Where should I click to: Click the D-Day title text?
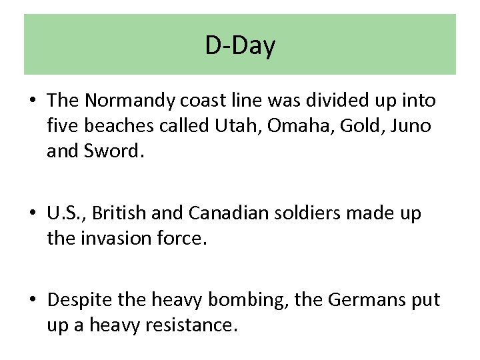click(240, 46)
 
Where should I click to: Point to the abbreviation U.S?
click(65, 213)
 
